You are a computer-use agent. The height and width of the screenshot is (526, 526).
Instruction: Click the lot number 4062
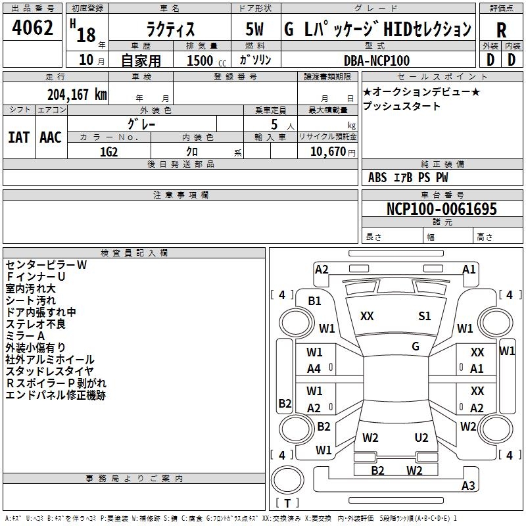(33, 28)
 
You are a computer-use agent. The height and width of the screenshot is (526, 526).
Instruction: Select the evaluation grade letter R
(502, 31)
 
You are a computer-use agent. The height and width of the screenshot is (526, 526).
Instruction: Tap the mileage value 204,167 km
(77, 94)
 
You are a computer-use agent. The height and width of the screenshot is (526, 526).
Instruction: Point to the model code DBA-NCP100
(377, 60)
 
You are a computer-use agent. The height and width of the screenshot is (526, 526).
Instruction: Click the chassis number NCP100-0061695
(442, 210)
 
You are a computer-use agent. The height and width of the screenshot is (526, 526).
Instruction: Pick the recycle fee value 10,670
(327, 151)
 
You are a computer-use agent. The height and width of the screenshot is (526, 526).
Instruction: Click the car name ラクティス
(170, 30)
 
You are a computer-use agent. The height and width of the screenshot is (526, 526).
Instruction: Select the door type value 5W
(255, 30)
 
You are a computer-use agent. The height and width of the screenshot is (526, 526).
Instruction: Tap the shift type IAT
(18, 137)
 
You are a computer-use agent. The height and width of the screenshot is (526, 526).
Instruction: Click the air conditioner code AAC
(50, 137)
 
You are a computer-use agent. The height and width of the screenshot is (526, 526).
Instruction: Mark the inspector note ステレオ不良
(36, 324)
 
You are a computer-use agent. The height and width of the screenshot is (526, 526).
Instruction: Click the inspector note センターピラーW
(46, 265)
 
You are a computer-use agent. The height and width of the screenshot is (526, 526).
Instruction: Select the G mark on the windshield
(416, 347)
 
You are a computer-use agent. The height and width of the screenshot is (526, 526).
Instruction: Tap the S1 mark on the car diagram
(425, 316)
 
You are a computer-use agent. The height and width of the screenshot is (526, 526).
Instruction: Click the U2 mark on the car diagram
(421, 438)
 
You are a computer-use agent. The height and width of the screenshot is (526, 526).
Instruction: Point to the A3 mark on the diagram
(468, 486)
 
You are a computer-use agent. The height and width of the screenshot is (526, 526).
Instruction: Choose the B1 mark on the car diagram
(315, 301)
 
